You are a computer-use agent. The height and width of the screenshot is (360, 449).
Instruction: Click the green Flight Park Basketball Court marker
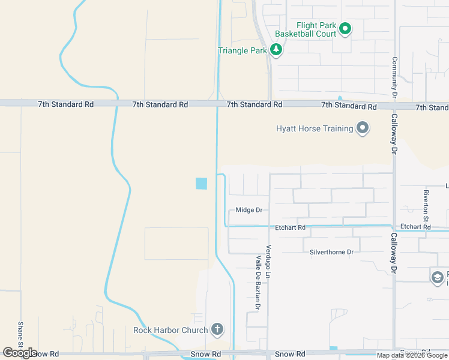pos(345,28)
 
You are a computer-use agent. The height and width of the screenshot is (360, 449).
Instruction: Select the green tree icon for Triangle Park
pos(276,50)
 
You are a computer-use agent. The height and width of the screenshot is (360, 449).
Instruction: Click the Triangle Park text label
pos(242,50)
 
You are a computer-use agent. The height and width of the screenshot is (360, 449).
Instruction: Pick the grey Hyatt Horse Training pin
pos(362,128)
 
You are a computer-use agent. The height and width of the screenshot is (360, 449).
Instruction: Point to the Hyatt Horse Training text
pos(314,128)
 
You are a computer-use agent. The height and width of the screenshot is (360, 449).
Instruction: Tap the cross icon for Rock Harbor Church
pos(217,329)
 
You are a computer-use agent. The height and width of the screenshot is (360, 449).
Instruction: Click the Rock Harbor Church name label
pos(170,330)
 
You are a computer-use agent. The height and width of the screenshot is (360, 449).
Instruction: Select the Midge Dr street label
pos(249,210)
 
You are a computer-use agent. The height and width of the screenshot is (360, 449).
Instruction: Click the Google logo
pos(20,353)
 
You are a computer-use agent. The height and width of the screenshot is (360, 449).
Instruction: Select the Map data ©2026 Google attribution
pos(412,355)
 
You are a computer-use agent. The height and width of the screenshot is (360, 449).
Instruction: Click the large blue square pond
pos(201,184)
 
